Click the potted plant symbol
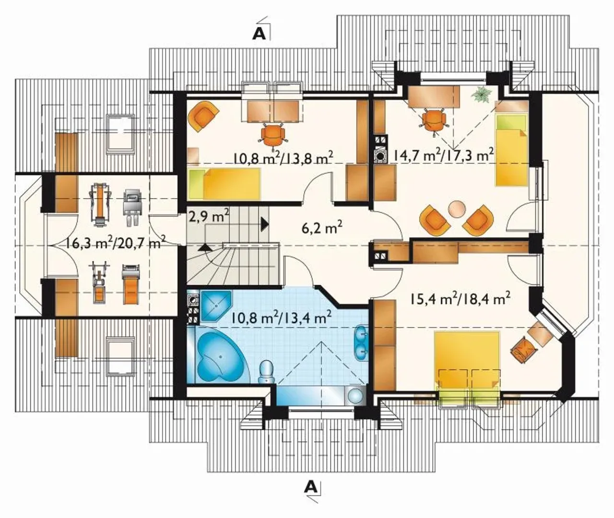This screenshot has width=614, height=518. point(482,95)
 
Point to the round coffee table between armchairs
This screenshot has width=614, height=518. point(457,209)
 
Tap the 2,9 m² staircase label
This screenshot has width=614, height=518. point(209,216)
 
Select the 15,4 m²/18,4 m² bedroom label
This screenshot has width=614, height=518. point(460,299)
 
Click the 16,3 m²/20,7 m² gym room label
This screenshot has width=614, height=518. point(114,244)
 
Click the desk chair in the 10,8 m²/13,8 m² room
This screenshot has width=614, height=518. point(273,135)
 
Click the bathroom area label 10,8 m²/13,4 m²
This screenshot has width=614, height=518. point(282,317)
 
